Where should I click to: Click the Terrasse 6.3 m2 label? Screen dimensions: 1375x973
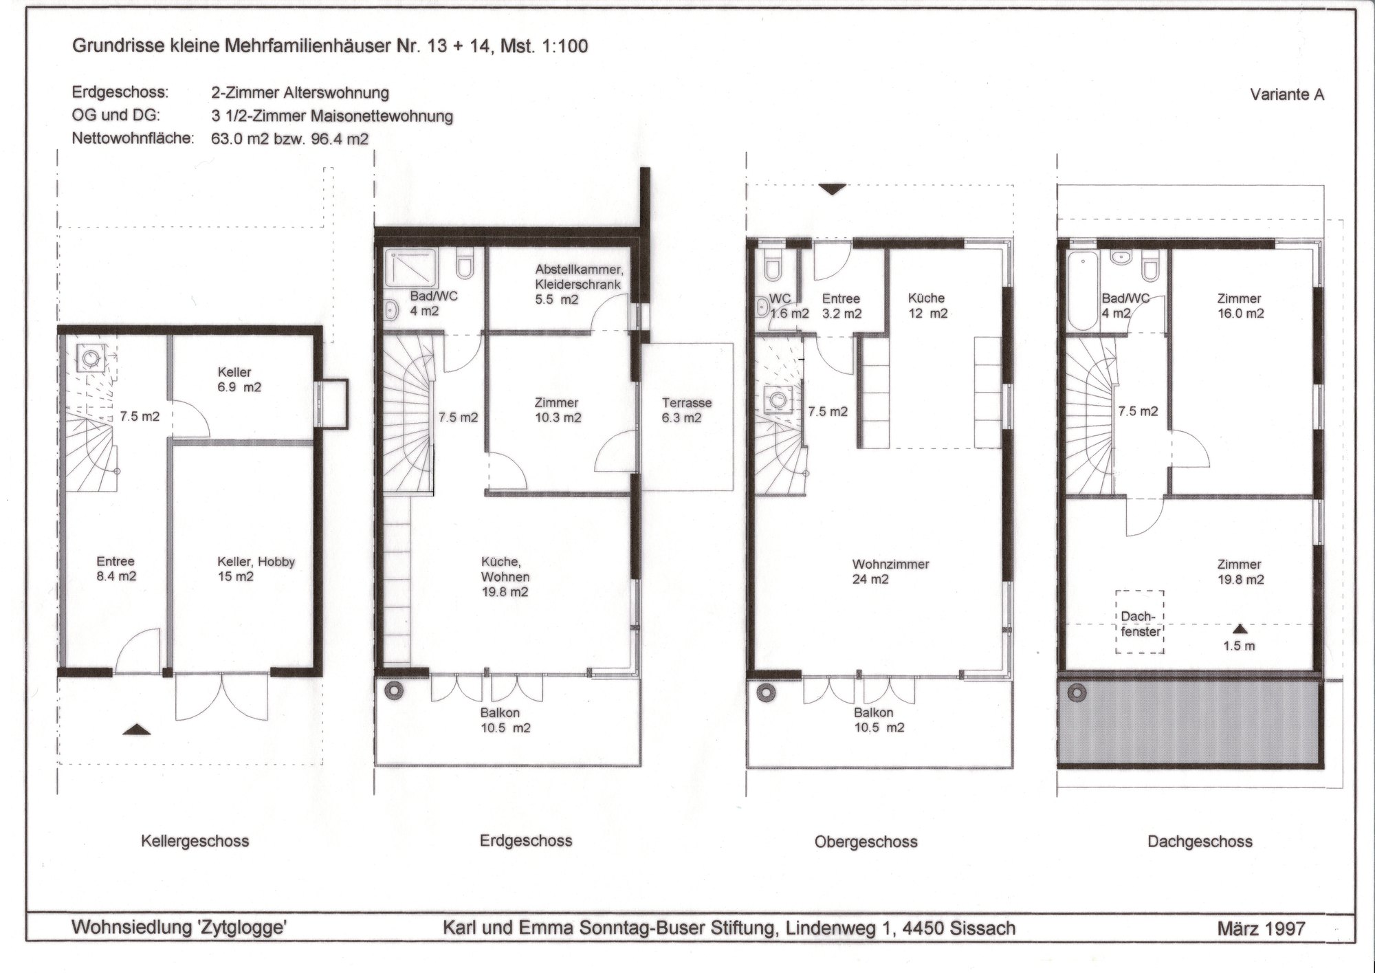coord(687,411)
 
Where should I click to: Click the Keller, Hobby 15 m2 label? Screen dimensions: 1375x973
coord(256,569)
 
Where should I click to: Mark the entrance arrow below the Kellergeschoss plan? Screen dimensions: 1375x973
coord(136,730)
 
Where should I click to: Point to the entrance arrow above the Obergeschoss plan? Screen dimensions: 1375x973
coord(832,190)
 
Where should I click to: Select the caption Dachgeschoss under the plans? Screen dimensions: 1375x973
coord(1200,841)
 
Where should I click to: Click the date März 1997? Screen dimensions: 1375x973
coord(1261,929)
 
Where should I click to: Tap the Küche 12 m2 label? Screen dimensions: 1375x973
coord(927,305)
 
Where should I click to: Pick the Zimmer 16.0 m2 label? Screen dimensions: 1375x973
coord(1240,306)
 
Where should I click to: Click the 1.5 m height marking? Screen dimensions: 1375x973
coord(1239,646)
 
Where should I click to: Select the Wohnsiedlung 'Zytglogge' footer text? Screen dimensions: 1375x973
coord(179,928)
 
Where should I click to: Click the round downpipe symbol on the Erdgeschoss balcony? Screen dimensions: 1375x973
coord(395,690)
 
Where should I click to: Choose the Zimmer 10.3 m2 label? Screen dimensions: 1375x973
coord(557,410)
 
